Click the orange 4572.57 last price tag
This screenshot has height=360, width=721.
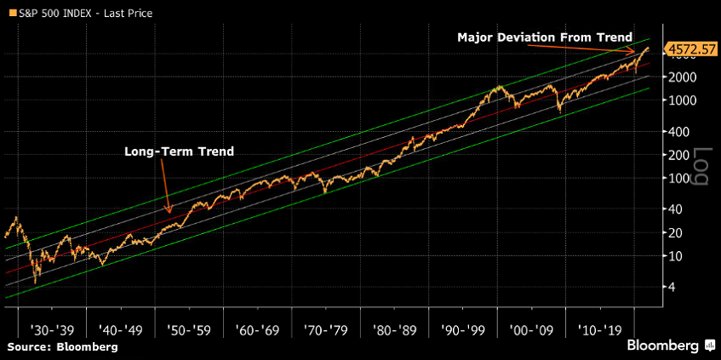point(690,49)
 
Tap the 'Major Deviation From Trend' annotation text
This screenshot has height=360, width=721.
point(545,37)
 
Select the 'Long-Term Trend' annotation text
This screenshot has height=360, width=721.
point(179,151)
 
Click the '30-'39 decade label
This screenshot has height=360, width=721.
point(53,329)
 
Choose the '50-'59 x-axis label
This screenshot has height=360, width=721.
point(189,329)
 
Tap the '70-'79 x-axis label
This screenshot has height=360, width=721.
point(325,329)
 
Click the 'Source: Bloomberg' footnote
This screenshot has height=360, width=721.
point(63,347)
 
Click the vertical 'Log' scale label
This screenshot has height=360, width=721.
point(701,167)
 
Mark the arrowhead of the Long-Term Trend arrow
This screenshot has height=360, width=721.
point(169,212)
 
